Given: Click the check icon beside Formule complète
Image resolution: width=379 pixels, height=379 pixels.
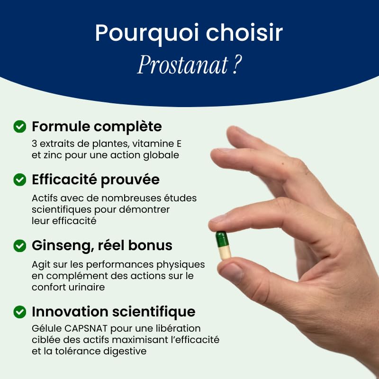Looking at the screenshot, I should [x=20, y=126].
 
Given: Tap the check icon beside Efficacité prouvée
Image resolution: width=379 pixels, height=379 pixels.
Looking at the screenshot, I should [x=20, y=180].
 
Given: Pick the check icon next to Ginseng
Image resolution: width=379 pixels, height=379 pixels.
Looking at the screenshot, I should [x=20, y=245].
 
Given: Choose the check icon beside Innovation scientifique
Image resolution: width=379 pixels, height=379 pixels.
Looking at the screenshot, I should [x=20, y=311].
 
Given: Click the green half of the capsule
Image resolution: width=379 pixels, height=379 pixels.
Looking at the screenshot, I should [x=222, y=238].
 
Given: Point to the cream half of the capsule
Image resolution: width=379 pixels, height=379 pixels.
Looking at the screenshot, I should [x=223, y=252].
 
